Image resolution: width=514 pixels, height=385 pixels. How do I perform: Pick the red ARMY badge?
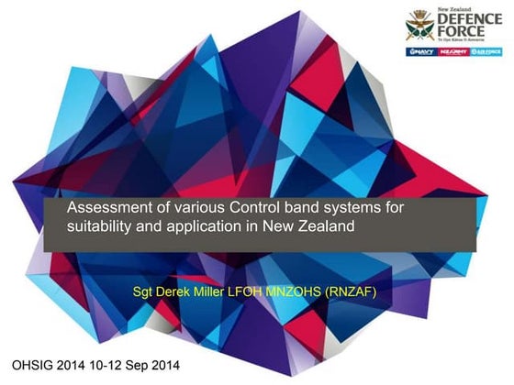[x=454, y=53]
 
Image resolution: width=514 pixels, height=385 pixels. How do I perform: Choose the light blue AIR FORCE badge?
[x=486, y=53]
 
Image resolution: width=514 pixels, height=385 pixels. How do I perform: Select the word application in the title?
[x=200, y=227]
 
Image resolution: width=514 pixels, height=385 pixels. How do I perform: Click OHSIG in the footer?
[x=34, y=366]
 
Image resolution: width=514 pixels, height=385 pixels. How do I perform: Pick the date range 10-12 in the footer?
[x=121, y=366]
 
